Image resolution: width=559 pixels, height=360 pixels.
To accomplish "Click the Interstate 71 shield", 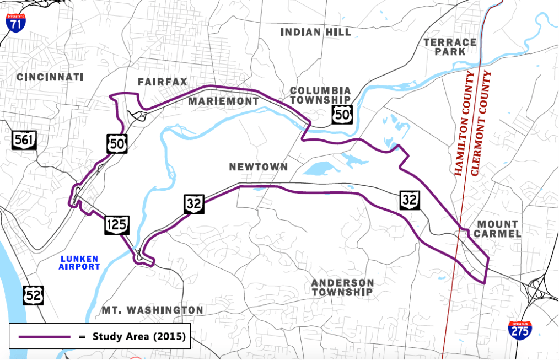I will coord(15,23).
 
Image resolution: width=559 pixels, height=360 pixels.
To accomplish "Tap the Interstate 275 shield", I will coord(520,329).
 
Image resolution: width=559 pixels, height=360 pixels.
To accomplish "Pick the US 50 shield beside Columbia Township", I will coord(342,114).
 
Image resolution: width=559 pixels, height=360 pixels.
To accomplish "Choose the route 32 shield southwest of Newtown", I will coord(195,205).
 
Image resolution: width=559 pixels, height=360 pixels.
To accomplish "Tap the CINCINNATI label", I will coord(50,77).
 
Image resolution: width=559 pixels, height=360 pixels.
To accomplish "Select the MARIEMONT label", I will coord(223,101).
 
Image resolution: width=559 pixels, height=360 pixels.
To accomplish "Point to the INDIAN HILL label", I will coord(315,32).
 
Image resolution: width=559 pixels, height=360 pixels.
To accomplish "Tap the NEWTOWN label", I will coord(259,166).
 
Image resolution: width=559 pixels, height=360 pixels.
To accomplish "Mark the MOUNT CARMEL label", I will coord(497,229).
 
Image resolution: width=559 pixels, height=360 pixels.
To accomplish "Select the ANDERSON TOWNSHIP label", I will coord(342,287).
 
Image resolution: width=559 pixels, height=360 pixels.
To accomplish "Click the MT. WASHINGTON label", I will coord(153,310).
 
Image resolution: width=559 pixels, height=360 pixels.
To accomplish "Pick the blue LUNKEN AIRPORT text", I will coord(79,262).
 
